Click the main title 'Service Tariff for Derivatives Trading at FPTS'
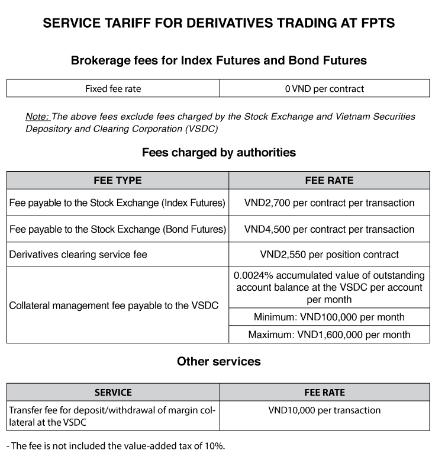pyautogui.click(x=219, y=24)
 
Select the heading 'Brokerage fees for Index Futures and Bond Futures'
pyautogui.click(x=219, y=60)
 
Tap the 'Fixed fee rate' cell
pyautogui.click(x=113, y=89)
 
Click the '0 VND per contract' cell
pyautogui.click(x=324, y=89)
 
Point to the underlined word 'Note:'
pyautogui.click(x=37, y=117)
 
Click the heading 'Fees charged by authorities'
pyautogui.click(x=219, y=153)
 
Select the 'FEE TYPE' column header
pyautogui.click(x=118, y=181)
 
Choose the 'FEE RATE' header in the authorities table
pyautogui.click(x=329, y=181)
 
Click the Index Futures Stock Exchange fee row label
pyautogui.click(x=118, y=203)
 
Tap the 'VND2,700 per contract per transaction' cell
pyautogui.click(x=329, y=203)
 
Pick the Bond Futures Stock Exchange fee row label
pyautogui.click(x=118, y=229)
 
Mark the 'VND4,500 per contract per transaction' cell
pyautogui.click(x=329, y=229)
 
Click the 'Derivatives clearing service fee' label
pyautogui.click(x=78, y=255)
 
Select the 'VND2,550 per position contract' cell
pyautogui.click(x=329, y=255)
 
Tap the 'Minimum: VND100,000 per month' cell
pyautogui.click(x=329, y=317)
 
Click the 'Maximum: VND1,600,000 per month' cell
pyautogui.click(x=329, y=335)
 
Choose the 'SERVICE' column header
pyautogui.click(x=113, y=392)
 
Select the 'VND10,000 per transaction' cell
pyautogui.click(x=324, y=410)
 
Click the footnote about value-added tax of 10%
pyautogui.click(x=116, y=446)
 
